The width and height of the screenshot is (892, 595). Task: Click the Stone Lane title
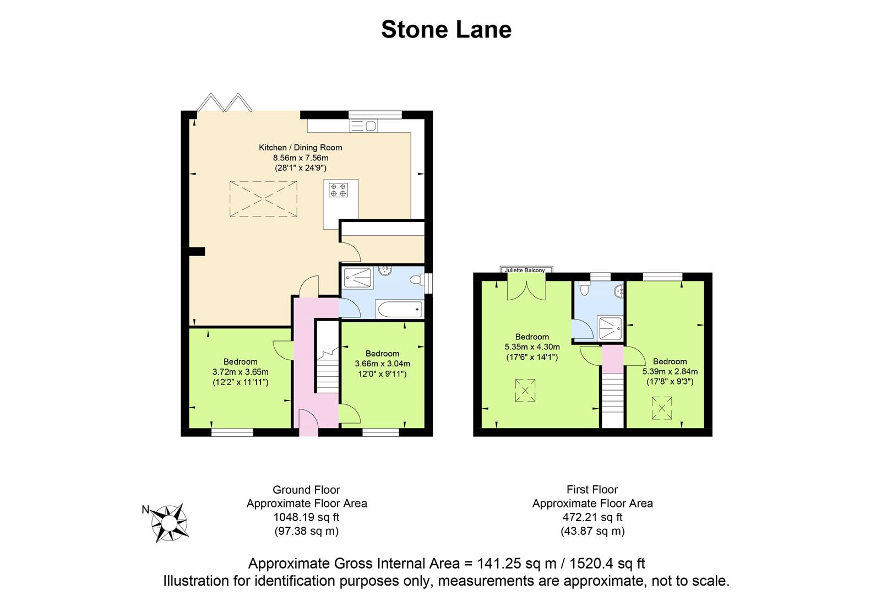[x=446, y=30]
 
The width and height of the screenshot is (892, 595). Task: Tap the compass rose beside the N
[x=169, y=522]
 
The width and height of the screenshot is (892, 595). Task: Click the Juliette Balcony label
[x=525, y=270]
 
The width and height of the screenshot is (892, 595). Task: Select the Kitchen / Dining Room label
[x=300, y=148]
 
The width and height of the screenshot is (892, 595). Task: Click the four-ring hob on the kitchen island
[x=338, y=190]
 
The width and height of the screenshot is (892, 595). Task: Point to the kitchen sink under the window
[x=363, y=126]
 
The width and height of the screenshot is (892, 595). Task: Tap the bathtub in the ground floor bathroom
[x=398, y=310]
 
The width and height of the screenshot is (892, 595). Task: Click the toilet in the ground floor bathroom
[x=417, y=280]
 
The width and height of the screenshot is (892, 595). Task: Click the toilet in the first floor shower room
[x=584, y=288]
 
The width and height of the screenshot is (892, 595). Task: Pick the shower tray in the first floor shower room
[x=610, y=328]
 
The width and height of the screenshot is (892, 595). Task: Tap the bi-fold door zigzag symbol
[x=225, y=102]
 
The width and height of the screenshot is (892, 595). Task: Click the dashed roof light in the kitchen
[x=263, y=199]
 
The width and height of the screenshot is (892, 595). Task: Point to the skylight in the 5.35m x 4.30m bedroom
[x=525, y=391]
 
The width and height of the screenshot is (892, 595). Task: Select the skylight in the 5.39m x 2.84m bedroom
[x=662, y=408]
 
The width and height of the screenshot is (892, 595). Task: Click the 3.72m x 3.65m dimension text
[x=241, y=372]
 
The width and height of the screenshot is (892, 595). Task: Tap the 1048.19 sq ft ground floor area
[x=306, y=517]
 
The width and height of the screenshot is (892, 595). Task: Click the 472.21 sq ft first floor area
[x=592, y=517]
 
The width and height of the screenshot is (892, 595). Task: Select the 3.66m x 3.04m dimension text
[x=382, y=364]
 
